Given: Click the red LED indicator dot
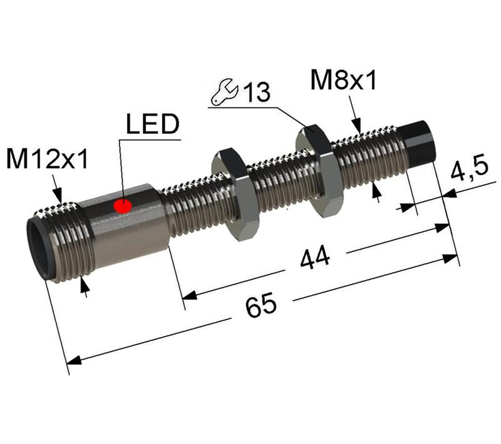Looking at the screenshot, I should tap(123, 206).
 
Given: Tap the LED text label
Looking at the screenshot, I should tap(152, 125).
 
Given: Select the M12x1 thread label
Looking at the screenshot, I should tap(48, 160).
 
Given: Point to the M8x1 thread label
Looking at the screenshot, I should tap(343, 80).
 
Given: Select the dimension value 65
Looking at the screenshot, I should tap(261, 306).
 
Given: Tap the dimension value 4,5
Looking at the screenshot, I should tap(468, 171).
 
